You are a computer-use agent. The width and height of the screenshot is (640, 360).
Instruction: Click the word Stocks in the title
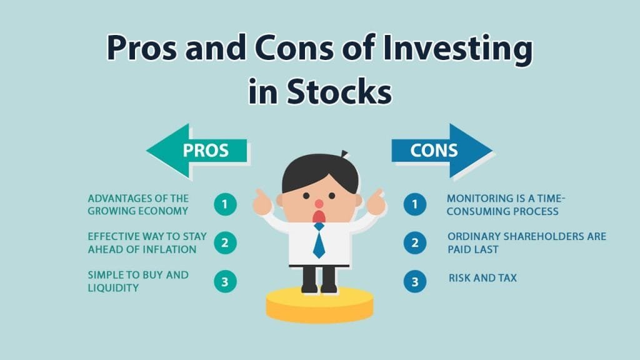tap(339, 91)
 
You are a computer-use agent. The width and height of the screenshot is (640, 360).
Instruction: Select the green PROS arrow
tap(197, 150)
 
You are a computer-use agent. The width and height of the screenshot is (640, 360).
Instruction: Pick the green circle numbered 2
tap(225, 242)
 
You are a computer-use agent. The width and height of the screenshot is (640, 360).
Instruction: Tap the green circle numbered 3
tap(225, 281)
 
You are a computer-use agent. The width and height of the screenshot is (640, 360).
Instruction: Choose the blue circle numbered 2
tap(414, 242)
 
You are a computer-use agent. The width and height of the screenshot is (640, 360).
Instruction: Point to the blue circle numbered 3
tap(414, 281)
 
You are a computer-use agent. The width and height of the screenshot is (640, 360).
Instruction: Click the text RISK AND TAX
tap(482, 277)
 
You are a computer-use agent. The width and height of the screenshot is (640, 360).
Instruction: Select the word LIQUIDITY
tap(113, 287)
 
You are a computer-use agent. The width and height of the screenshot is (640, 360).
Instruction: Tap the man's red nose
tap(319, 204)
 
